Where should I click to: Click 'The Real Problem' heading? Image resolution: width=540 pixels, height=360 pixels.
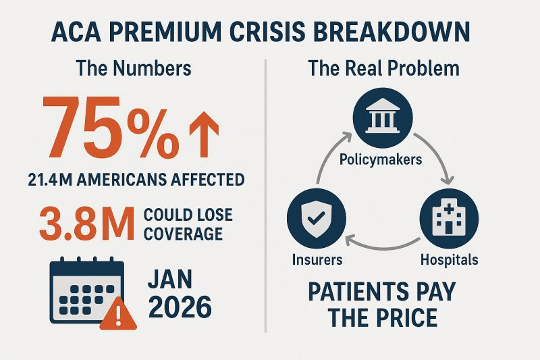(383, 68)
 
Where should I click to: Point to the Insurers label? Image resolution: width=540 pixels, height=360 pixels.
(318, 259)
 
